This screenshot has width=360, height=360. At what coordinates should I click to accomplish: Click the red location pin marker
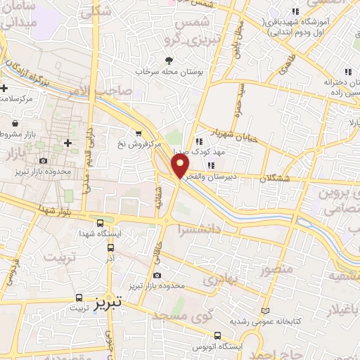(x=181, y=166)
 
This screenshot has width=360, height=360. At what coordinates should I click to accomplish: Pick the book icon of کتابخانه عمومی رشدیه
(x=265, y=310)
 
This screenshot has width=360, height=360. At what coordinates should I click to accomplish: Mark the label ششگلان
(x=274, y=179)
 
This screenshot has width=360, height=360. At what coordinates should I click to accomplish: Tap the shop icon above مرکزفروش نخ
(x=139, y=133)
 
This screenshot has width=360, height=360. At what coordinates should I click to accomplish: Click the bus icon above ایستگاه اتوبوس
(x=218, y=335)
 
